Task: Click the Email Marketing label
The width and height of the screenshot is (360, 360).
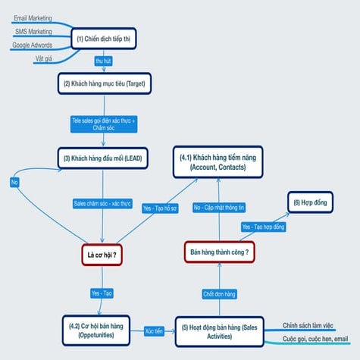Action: [33, 17]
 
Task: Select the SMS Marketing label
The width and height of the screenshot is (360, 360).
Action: [33, 31]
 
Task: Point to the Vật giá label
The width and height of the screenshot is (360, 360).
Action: [43, 58]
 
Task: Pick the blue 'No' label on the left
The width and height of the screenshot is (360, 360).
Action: [15, 182]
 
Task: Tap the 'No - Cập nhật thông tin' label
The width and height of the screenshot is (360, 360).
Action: [220, 207]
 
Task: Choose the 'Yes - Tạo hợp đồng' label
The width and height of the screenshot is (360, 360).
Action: [263, 227]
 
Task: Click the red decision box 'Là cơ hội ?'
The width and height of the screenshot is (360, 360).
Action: [102, 255]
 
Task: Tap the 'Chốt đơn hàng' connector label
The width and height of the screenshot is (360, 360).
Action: [220, 293]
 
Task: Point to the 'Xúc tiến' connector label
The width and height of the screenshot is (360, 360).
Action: [155, 331]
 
